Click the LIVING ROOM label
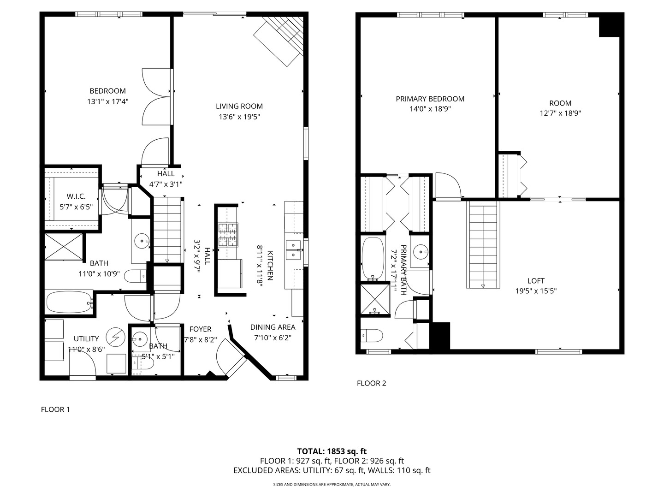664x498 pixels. [239, 107]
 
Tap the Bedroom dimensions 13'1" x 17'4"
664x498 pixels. [107, 101]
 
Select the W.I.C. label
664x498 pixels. [76, 196]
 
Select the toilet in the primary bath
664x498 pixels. [371, 335]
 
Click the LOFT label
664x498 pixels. [536, 281]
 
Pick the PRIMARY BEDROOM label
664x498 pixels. [430, 99]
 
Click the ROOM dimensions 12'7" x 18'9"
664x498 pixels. [560, 113]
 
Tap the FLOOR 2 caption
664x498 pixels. [371, 383]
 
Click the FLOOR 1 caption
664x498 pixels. [55, 409]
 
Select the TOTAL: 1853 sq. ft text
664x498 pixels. [332, 451]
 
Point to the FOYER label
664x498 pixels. [201, 329]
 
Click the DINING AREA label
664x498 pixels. [273, 327]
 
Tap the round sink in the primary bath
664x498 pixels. [420, 252]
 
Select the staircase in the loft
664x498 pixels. [484, 244]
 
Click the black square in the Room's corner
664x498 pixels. [609, 26]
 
